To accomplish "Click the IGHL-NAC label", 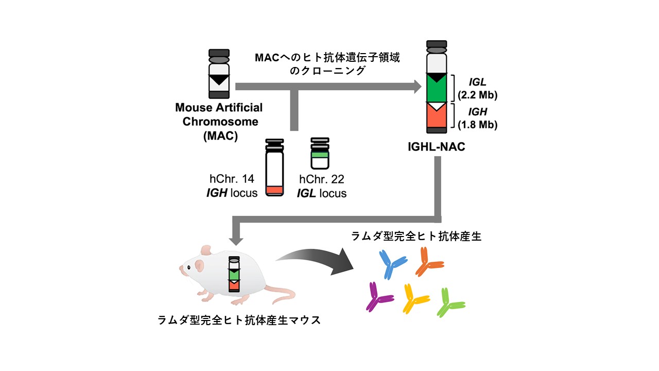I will (439, 148).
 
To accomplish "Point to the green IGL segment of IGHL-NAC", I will (439, 90).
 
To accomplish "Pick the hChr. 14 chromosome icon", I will (274, 167).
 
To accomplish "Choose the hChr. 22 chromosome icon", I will (320, 154).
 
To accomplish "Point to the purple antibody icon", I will (379, 297).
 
